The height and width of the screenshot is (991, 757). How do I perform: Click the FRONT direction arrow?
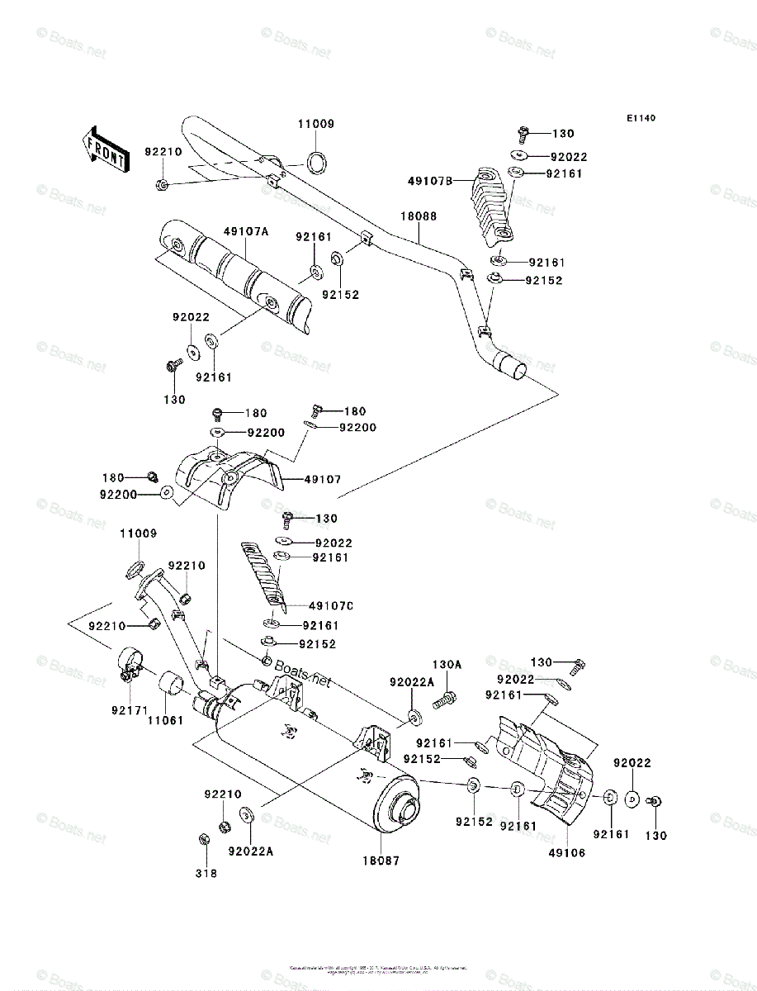pyautogui.click(x=103, y=148)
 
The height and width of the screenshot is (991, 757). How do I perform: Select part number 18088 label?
pyautogui.click(x=419, y=216)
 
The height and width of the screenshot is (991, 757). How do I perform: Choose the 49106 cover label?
pyautogui.click(x=568, y=852)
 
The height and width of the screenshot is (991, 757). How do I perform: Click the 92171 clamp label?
pyautogui.click(x=125, y=708)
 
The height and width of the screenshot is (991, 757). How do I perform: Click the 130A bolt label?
pyautogui.click(x=447, y=665)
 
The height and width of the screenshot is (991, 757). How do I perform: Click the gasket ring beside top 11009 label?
pyautogui.click(x=316, y=161)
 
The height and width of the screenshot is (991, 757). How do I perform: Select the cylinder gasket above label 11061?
pyautogui.click(x=171, y=684)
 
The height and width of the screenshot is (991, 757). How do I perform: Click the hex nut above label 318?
pyautogui.click(x=204, y=840)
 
